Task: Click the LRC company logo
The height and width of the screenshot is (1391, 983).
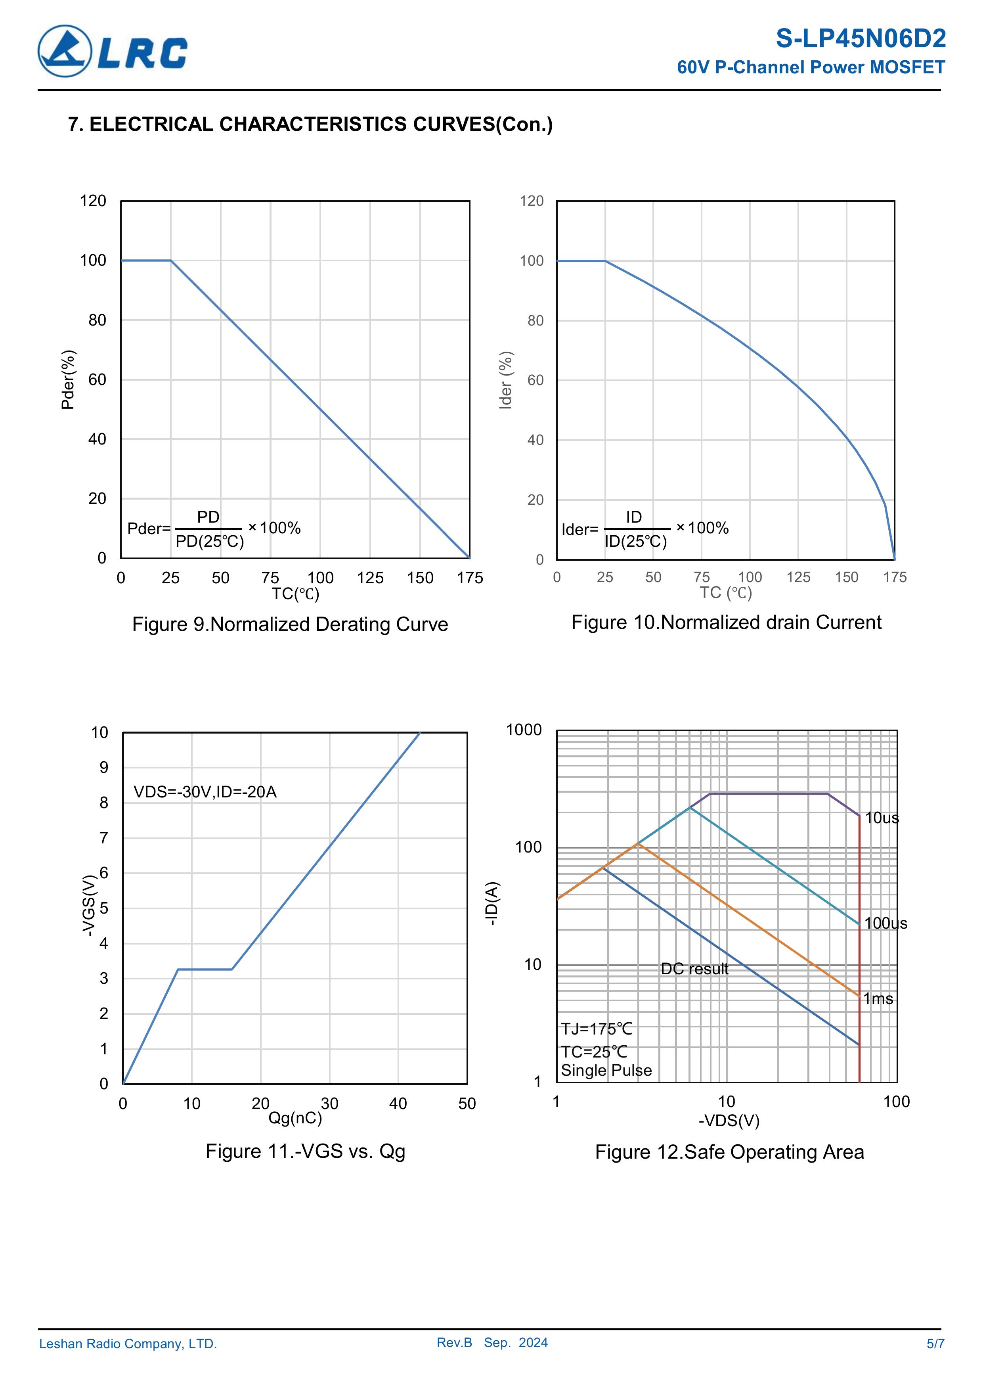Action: click(x=113, y=52)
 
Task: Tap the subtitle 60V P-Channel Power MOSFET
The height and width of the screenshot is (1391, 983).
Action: click(x=811, y=67)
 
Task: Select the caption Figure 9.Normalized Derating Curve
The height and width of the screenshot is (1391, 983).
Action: click(x=290, y=624)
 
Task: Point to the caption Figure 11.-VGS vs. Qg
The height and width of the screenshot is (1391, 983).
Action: click(x=305, y=1151)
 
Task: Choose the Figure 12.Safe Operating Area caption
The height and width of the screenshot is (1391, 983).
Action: click(x=729, y=1152)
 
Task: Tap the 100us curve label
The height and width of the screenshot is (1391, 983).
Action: click(x=885, y=923)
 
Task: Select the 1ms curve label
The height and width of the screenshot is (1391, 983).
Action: click(x=878, y=998)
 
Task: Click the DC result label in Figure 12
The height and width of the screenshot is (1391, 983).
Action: click(x=694, y=969)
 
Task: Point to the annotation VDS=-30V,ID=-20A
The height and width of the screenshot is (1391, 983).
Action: click(x=205, y=792)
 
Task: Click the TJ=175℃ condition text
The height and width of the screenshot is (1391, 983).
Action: click(x=597, y=1029)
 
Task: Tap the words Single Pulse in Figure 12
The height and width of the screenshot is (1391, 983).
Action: click(x=606, y=1071)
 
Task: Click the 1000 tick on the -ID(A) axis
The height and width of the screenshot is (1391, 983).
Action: click(x=524, y=730)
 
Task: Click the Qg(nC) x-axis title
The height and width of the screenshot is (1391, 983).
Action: click(x=295, y=1118)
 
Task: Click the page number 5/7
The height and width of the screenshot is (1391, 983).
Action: click(x=935, y=1344)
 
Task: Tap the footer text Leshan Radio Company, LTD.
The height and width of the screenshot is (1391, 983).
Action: click(x=128, y=1344)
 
